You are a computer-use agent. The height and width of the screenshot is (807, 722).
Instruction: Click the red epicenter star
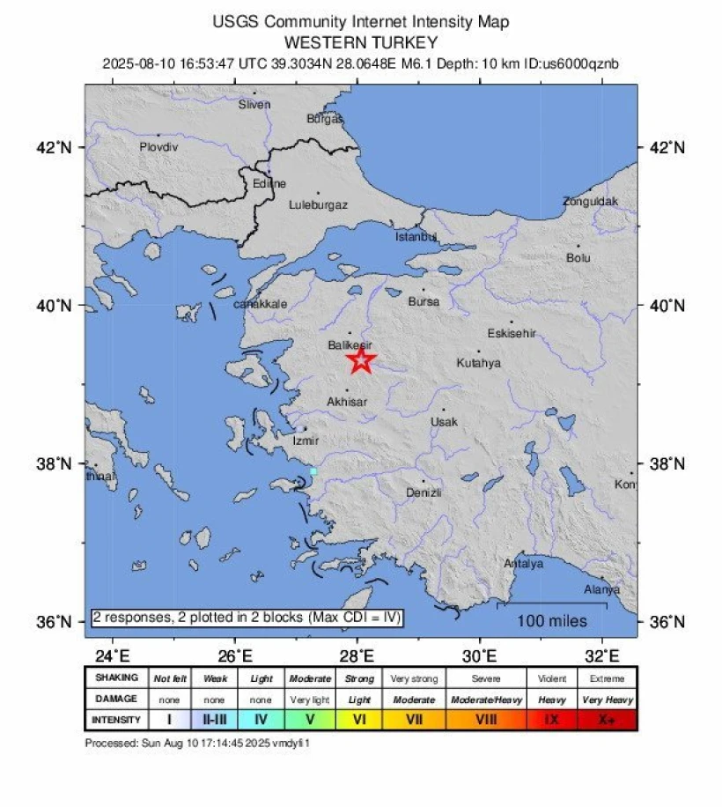tap(360, 359)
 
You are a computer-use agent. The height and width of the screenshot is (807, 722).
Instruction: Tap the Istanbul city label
tap(416, 236)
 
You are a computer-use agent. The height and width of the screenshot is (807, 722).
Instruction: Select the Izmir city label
tap(306, 440)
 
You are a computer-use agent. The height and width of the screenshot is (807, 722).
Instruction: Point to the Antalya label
tap(523, 563)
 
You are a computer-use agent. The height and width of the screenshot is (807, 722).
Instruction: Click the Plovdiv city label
tap(158, 147)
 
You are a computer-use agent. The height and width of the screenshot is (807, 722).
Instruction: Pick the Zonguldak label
tap(590, 202)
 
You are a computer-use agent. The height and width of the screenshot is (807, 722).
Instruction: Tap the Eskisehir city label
tap(512, 333)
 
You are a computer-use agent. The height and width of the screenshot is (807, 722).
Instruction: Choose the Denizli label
tap(424, 492)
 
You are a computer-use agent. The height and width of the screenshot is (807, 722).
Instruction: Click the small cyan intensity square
tap(313, 471)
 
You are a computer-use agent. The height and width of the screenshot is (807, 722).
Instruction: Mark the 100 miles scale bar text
tap(552, 621)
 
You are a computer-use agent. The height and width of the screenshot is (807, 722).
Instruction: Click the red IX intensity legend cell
tap(552, 720)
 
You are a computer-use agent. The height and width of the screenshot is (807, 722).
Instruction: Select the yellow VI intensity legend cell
tap(359, 720)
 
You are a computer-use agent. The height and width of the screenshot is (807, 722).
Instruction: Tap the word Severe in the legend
tap(486, 678)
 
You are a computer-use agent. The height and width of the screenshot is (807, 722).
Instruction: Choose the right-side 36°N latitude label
tap(666, 622)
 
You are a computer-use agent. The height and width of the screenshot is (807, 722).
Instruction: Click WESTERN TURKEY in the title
tap(361, 42)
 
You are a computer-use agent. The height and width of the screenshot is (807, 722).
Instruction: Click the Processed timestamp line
tap(198, 743)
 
